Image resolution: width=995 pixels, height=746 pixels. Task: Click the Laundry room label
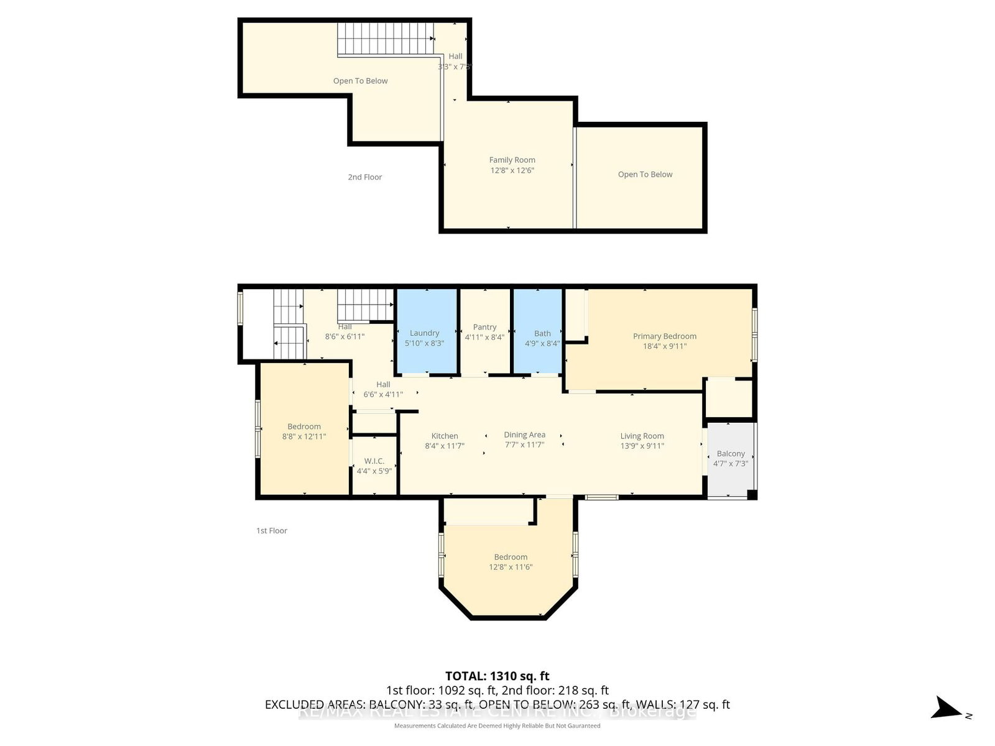click(x=424, y=333)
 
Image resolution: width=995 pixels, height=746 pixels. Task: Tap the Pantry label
click(x=484, y=327)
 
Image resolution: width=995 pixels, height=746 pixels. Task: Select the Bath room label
click(x=542, y=334)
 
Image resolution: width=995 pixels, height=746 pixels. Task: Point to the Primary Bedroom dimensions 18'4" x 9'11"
click(x=664, y=346)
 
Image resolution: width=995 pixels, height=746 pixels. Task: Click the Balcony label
click(x=730, y=454)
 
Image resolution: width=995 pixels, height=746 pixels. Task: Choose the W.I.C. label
click(x=374, y=461)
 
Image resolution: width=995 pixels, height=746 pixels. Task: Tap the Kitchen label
click(x=445, y=436)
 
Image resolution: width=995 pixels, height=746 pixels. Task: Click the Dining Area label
click(x=524, y=435)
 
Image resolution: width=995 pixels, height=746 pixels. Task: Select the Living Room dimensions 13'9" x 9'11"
click(x=642, y=446)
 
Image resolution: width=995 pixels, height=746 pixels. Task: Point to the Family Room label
click(x=512, y=160)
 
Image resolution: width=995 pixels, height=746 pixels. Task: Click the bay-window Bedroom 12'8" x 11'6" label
click(x=511, y=558)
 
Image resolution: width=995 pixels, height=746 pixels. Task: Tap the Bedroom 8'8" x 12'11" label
click(x=304, y=427)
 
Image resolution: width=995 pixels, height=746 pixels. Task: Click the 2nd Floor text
click(x=364, y=177)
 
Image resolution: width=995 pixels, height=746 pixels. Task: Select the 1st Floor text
click(x=272, y=531)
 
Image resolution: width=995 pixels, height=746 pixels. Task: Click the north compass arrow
click(x=947, y=708)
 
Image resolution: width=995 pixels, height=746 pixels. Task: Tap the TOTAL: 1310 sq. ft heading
click(x=497, y=676)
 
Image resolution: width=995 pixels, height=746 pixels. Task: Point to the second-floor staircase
click(x=386, y=39)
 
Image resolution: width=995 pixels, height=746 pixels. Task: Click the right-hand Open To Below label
click(x=645, y=175)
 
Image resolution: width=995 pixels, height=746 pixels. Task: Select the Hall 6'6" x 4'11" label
click(x=383, y=385)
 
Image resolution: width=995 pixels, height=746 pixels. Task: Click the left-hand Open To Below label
click(x=360, y=81)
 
